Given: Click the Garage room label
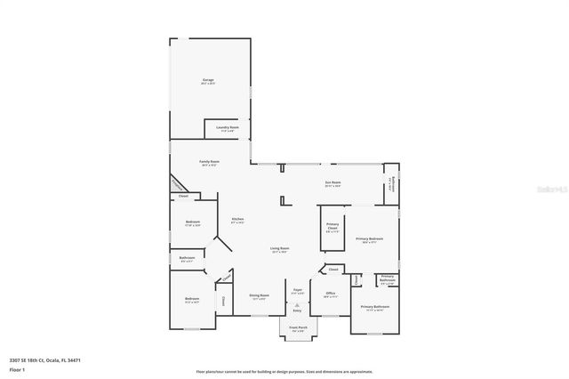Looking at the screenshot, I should (x=208, y=81).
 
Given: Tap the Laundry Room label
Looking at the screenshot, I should (x=228, y=128).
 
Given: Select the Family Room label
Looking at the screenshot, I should (x=209, y=162).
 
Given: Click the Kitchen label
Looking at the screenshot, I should (x=237, y=220).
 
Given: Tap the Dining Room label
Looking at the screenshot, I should (x=259, y=296).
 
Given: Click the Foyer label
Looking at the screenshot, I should (x=298, y=291).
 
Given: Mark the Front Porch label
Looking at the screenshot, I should (x=297, y=328).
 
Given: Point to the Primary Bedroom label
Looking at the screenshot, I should (x=369, y=239).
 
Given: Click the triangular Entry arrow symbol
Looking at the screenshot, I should (x=298, y=305).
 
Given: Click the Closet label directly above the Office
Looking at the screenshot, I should (x=333, y=269).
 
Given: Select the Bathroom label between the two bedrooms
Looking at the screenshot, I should (x=187, y=259).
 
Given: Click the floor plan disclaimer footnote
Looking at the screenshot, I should (x=284, y=371).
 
